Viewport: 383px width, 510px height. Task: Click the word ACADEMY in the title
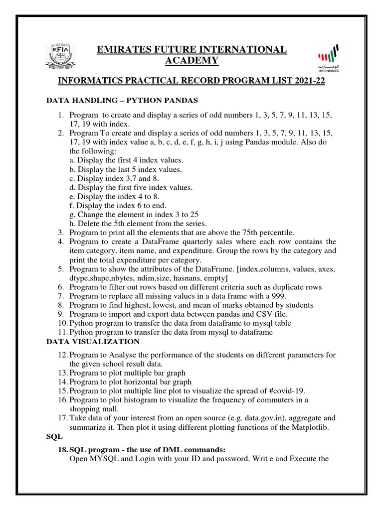191,61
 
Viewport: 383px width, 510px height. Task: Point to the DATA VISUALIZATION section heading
93,342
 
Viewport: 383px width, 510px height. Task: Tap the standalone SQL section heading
52,436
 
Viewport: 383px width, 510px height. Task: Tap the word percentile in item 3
278,233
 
